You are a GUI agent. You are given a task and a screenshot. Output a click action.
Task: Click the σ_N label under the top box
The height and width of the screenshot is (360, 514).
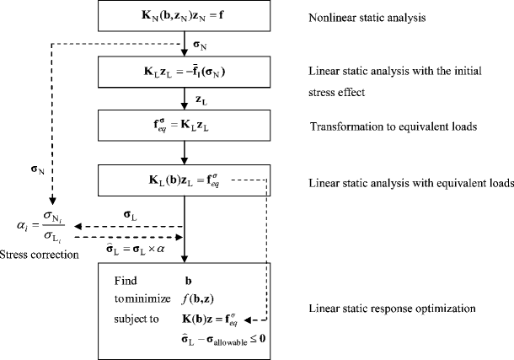tap(201, 43)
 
